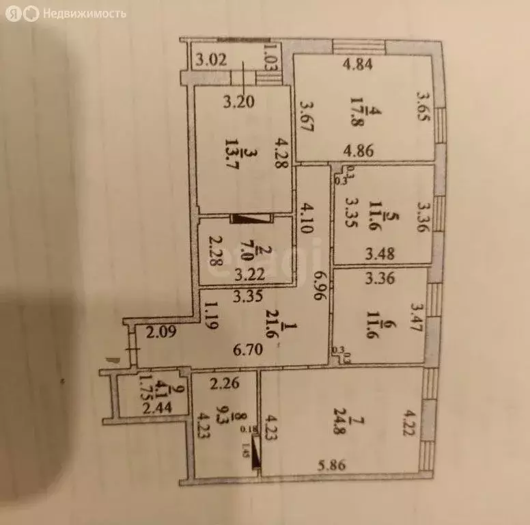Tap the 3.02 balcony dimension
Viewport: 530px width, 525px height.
pos(211,59)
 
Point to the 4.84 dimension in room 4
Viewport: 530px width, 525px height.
pos(354,66)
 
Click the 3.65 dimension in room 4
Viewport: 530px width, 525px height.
pos(423,107)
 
